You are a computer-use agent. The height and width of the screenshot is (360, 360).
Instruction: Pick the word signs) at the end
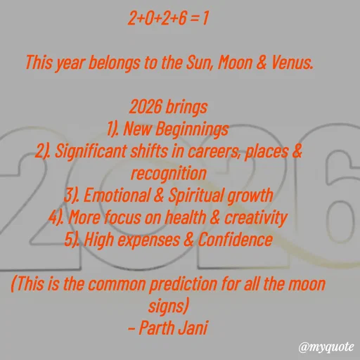[x=169, y=307]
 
